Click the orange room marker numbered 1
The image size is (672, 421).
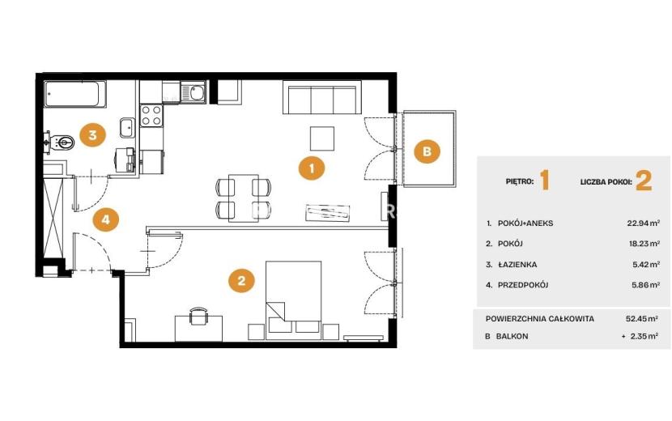tap(312, 168)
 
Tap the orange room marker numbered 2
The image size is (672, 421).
tap(241, 281)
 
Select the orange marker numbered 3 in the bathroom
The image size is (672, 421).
tap(92, 135)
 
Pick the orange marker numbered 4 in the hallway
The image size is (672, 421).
tap(105, 219)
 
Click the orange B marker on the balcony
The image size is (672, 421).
tap(427, 151)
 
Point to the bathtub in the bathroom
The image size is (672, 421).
tap(76, 94)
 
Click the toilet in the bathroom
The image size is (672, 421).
tap(60, 141)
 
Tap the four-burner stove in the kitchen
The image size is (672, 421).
tap(151, 116)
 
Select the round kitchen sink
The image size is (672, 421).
tap(198, 93)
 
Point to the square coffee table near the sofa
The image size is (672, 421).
tap(322, 138)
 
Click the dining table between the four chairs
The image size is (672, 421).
tap(244, 198)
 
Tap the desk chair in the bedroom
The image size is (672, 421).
tap(198, 317)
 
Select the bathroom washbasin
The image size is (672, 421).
tap(127, 127)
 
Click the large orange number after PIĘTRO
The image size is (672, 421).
tap(544, 180)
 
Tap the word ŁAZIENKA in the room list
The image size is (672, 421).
tap(517, 265)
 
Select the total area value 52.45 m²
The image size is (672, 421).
tap(642, 318)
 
